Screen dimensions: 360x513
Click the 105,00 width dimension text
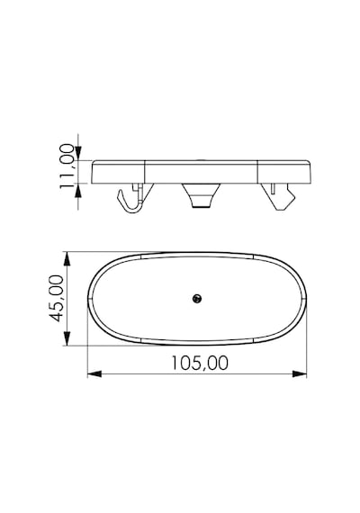pyautogui.click(x=200, y=364)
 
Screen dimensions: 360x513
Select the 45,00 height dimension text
pyautogui.click(x=55, y=299)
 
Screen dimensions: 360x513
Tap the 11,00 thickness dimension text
pyautogui.click(x=67, y=166)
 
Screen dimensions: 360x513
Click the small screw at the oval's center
pyautogui.click(x=197, y=299)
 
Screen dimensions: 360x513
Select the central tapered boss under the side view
pyautogui.click(x=201, y=195)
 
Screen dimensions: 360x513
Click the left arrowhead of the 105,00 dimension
pyautogui.click(x=94, y=373)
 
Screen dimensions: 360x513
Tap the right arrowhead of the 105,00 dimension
pyautogui.click(x=299, y=373)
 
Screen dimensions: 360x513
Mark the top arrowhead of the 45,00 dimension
pyautogui.click(x=67, y=259)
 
